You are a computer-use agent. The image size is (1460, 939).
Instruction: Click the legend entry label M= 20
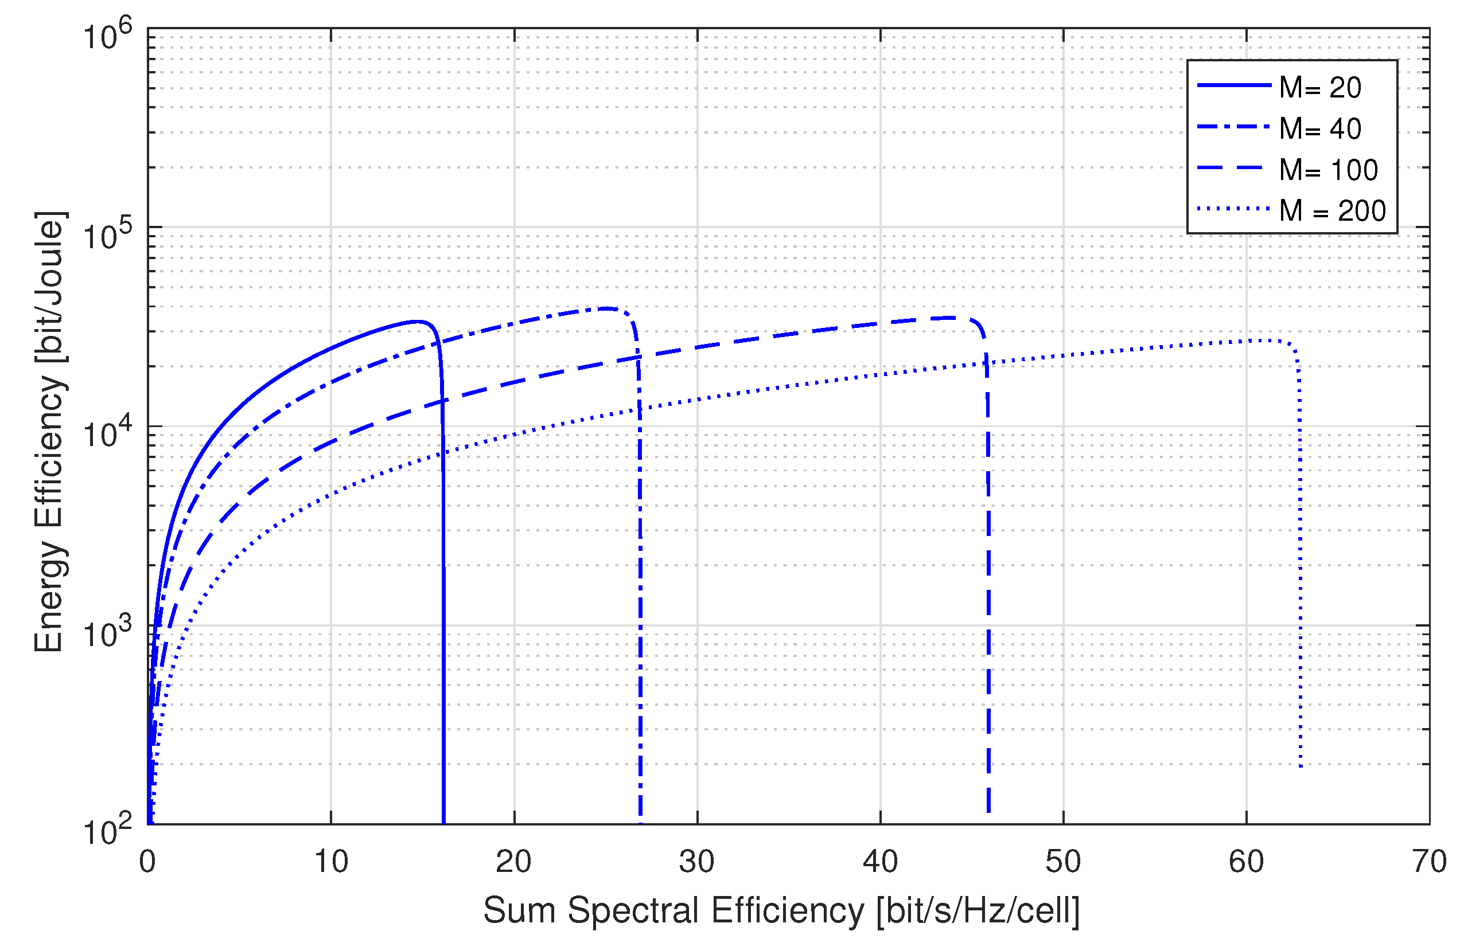click(1319, 88)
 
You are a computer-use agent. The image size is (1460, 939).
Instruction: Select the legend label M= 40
click(1319, 128)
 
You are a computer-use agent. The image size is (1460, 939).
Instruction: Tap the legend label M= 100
click(1328, 170)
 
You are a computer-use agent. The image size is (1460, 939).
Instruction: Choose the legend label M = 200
click(1333, 210)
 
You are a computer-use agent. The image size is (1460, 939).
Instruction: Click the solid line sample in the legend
click(1233, 85)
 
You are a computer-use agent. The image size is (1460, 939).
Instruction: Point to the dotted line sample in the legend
click(1233, 209)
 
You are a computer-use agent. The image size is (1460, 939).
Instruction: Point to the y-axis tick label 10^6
click(107, 35)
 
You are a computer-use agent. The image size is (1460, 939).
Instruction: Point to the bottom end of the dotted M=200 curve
click(1301, 766)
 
